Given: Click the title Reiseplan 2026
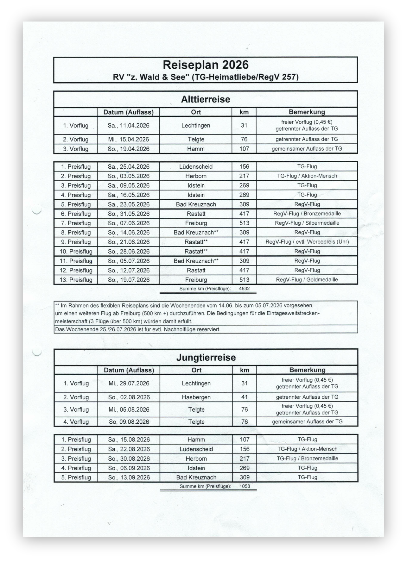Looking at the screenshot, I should pyautogui.click(x=205, y=65).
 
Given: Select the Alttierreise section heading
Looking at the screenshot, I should pyautogui.click(x=205, y=99).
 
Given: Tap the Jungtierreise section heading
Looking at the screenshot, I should pyautogui.click(x=206, y=358).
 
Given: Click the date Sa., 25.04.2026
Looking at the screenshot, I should pyautogui.click(x=128, y=166).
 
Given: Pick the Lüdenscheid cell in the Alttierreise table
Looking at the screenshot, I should pyautogui.click(x=196, y=166).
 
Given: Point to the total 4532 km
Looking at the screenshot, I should pyautogui.click(x=244, y=289).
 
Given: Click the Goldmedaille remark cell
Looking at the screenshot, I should pyautogui.click(x=307, y=280).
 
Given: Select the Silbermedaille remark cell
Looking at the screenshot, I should pyautogui.click(x=307, y=223).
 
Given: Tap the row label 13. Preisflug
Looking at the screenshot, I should pyautogui.click(x=76, y=280).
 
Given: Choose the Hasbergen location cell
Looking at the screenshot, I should pyautogui.click(x=196, y=397).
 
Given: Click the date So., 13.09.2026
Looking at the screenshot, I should pyautogui.click(x=129, y=477).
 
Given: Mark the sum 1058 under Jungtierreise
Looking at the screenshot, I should pyautogui.click(x=245, y=486).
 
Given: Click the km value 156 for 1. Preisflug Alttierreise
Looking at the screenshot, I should pyautogui.click(x=244, y=166).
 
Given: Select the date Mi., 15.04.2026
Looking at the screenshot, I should pyautogui.click(x=128, y=139).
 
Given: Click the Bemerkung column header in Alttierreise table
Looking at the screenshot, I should pyautogui.click(x=307, y=112).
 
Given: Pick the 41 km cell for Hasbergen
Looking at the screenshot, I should pyautogui.click(x=245, y=397).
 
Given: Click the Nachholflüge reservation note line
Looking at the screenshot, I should pyautogui.click(x=137, y=329).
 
